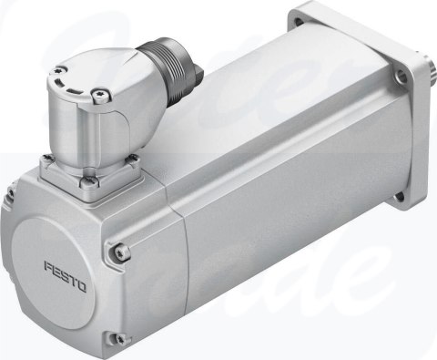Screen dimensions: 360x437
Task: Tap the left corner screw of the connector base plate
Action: pyautogui.click(x=46, y=163)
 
